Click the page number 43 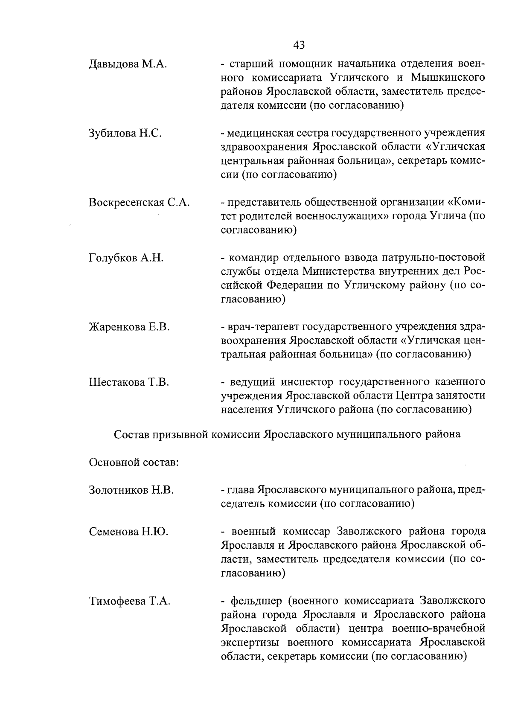299,44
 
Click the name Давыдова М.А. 127,65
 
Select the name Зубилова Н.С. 125,133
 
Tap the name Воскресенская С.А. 139,202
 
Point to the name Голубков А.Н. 126,258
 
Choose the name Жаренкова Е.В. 129,327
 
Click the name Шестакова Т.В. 129,382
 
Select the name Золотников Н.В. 131,490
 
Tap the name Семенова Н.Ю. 128,532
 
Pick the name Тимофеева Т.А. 130,602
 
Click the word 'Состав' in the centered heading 132,435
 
